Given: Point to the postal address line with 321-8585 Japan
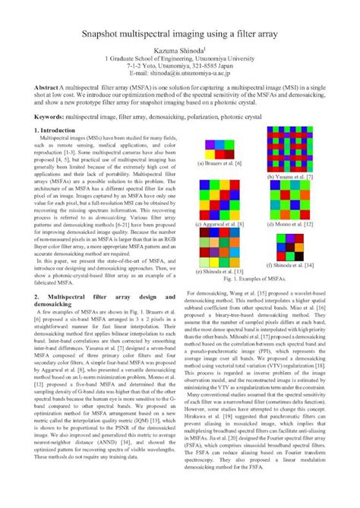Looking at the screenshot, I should (179, 67).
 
